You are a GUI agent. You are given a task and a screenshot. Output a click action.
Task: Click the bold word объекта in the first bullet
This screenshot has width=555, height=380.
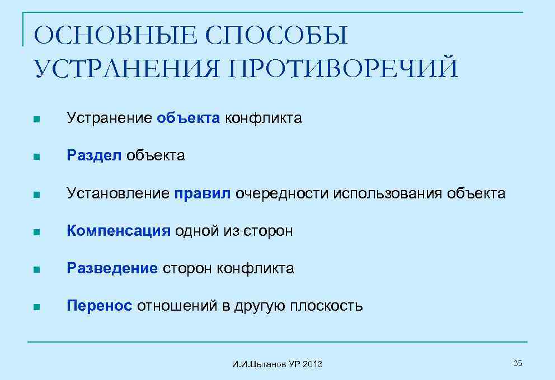point(189,118)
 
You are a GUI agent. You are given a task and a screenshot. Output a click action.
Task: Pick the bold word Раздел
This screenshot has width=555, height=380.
point(93,155)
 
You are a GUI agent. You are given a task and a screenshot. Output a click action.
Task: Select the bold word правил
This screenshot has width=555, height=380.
point(202,193)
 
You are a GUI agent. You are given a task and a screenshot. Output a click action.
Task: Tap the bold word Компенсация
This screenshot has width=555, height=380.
point(118,231)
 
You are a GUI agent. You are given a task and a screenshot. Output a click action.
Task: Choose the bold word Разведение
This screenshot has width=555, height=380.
point(112,268)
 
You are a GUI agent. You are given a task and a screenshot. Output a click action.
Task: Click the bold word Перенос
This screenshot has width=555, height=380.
point(100,306)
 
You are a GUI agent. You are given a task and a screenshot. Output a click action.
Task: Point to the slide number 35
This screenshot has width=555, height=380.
point(518,364)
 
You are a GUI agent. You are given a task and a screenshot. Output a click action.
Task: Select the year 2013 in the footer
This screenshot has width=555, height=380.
point(313,364)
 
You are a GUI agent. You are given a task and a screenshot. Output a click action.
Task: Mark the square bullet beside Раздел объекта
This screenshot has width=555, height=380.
point(36,157)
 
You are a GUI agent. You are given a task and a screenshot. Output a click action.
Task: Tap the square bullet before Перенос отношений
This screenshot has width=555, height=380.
point(36,307)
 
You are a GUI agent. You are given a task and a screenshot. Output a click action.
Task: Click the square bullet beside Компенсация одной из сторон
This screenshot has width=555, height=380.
point(36,232)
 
